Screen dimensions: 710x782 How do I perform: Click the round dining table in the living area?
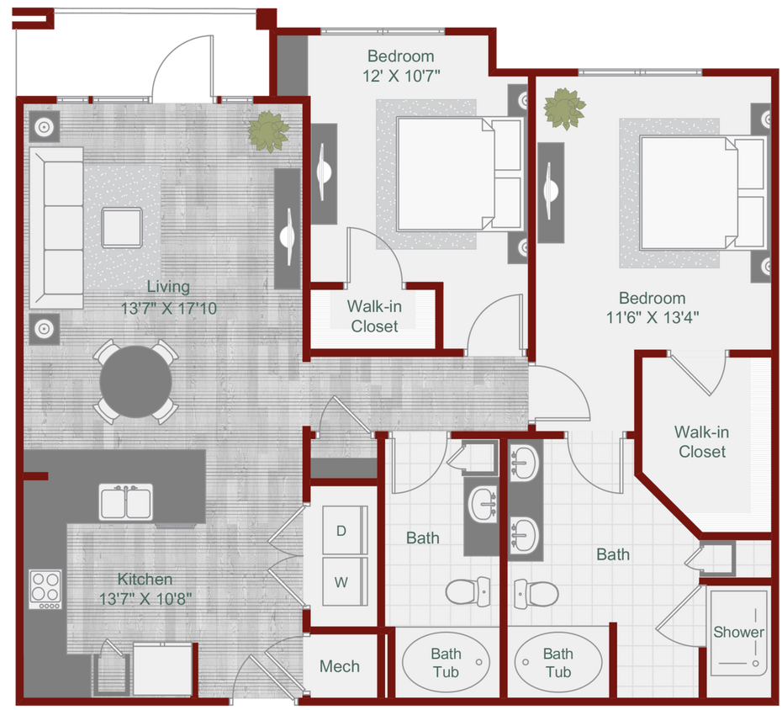coord(135,381)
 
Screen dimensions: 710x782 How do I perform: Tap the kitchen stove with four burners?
coord(45,589)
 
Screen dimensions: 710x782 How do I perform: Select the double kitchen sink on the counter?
coord(126,502)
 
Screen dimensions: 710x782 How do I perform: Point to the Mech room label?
coord(340,666)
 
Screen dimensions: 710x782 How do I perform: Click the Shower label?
coord(738,632)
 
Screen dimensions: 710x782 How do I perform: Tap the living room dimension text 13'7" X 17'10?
coord(168,309)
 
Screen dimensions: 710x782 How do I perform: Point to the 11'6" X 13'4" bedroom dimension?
coord(652,318)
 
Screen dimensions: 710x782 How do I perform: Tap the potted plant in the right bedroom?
coord(563,109)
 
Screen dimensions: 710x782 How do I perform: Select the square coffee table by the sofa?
coord(123,227)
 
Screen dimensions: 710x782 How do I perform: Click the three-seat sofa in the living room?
coord(57,227)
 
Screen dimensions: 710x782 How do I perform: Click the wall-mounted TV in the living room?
coord(288,227)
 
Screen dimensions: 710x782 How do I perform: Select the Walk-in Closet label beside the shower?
coord(702,442)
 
